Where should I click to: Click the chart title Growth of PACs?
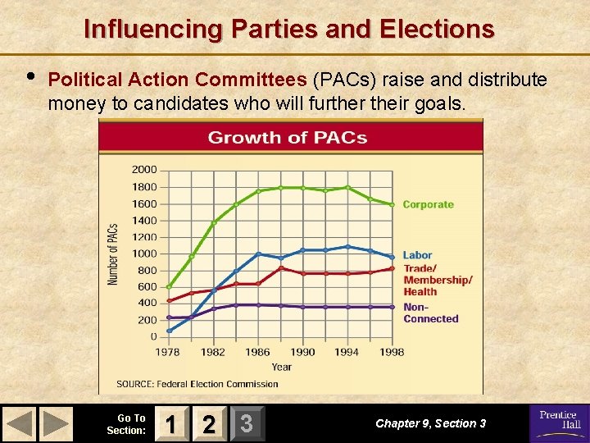pyautogui.click(x=287, y=137)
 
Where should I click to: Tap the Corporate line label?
pyautogui.click(x=428, y=204)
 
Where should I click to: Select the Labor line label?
pyautogui.click(x=417, y=255)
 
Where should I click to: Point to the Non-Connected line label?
pyautogui.click(x=430, y=313)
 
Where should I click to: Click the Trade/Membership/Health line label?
pyautogui.click(x=438, y=280)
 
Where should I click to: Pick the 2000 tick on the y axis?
pyautogui.click(x=144, y=170)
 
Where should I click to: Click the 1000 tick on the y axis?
pyautogui.click(x=144, y=253)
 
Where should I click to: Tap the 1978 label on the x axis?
pyautogui.click(x=169, y=352)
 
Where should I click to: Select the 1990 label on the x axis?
pyautogui.click(x=303, y=352)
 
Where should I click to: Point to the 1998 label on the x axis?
pyautogui.click(x=393, y=352)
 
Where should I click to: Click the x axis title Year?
pyautogui.click(x=281, y=367)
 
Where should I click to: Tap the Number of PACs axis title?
pyautogui.click(x=113, y=253)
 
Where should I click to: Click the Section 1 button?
pyautogui.click(x=170, y=423)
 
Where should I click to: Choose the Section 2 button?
pyautogui.click(x=208, y=423)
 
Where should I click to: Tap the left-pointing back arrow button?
pyautogui.click(x=20, y=423)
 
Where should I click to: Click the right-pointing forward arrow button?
pyautogui.click(x=56, y=423)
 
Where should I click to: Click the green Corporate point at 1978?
pyautogui.click(x=170, y=287)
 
